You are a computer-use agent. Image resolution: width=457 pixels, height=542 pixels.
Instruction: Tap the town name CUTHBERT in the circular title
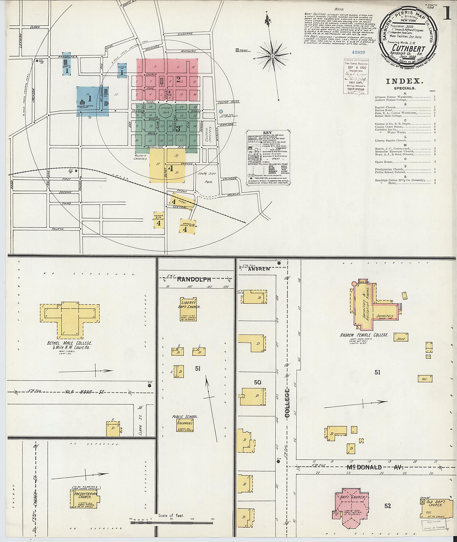point(409,48)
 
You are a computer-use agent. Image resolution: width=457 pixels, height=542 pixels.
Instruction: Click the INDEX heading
point(405,81)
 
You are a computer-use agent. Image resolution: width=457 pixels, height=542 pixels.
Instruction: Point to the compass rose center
point(273,56)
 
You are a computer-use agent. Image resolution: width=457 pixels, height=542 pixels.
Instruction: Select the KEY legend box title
point(267,133)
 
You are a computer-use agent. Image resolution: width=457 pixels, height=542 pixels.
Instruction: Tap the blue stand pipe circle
point(221,111)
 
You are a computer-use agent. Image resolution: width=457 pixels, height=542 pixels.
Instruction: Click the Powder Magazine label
point(245,50)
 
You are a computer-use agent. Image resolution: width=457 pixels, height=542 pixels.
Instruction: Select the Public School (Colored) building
point(185,426)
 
